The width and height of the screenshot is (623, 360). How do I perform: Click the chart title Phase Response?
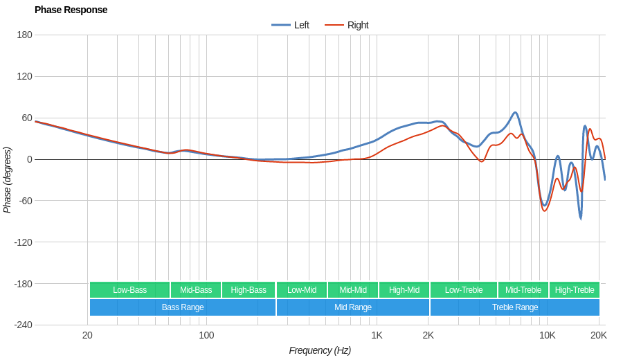pyautogui.click(x=71, y=10)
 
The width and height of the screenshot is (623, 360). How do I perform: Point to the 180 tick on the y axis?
pyautogui.click(x=24, y=35)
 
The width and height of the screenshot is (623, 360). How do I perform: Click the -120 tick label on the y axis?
pyautogui.click(x=23, y=242)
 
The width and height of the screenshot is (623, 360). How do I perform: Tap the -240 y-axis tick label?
pyautogui.click(x=23, y=325)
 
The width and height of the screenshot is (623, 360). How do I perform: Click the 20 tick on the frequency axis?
pyautogui.click(x=87, y=335)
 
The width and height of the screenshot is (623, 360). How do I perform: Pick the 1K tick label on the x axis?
pyautogui.click(x=377, y=335)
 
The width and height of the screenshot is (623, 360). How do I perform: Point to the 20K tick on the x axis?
pyautogui.click(x=598, y=335)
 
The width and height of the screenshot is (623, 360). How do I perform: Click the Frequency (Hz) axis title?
pyautogui.click(x=320, y=350)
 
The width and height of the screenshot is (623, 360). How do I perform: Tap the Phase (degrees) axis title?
pyautogui.click(x=8, y=180)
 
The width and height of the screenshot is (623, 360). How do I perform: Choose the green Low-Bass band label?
pyautogui.click(x=129, y=290)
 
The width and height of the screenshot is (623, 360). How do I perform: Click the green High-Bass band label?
pyautogui.click(x=249, y=290)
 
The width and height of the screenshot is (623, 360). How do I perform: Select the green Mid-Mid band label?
pyautogui.click(x=353, y=290)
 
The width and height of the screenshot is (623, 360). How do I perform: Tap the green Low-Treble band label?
pyautogui.click(x=464, y=290)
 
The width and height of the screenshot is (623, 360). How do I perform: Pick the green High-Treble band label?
pyautogui.click(x=575, y=290)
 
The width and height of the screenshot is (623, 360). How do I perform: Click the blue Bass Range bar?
pyautogui.click(x=183, y=307)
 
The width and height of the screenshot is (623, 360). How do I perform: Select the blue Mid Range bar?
pyautogui.click(x=353, y=307)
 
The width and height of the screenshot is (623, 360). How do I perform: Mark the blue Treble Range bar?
pyautogui.click(x=515, y=307)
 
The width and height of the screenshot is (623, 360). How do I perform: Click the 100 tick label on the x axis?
pyautogui.click(x=206, y=335)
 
